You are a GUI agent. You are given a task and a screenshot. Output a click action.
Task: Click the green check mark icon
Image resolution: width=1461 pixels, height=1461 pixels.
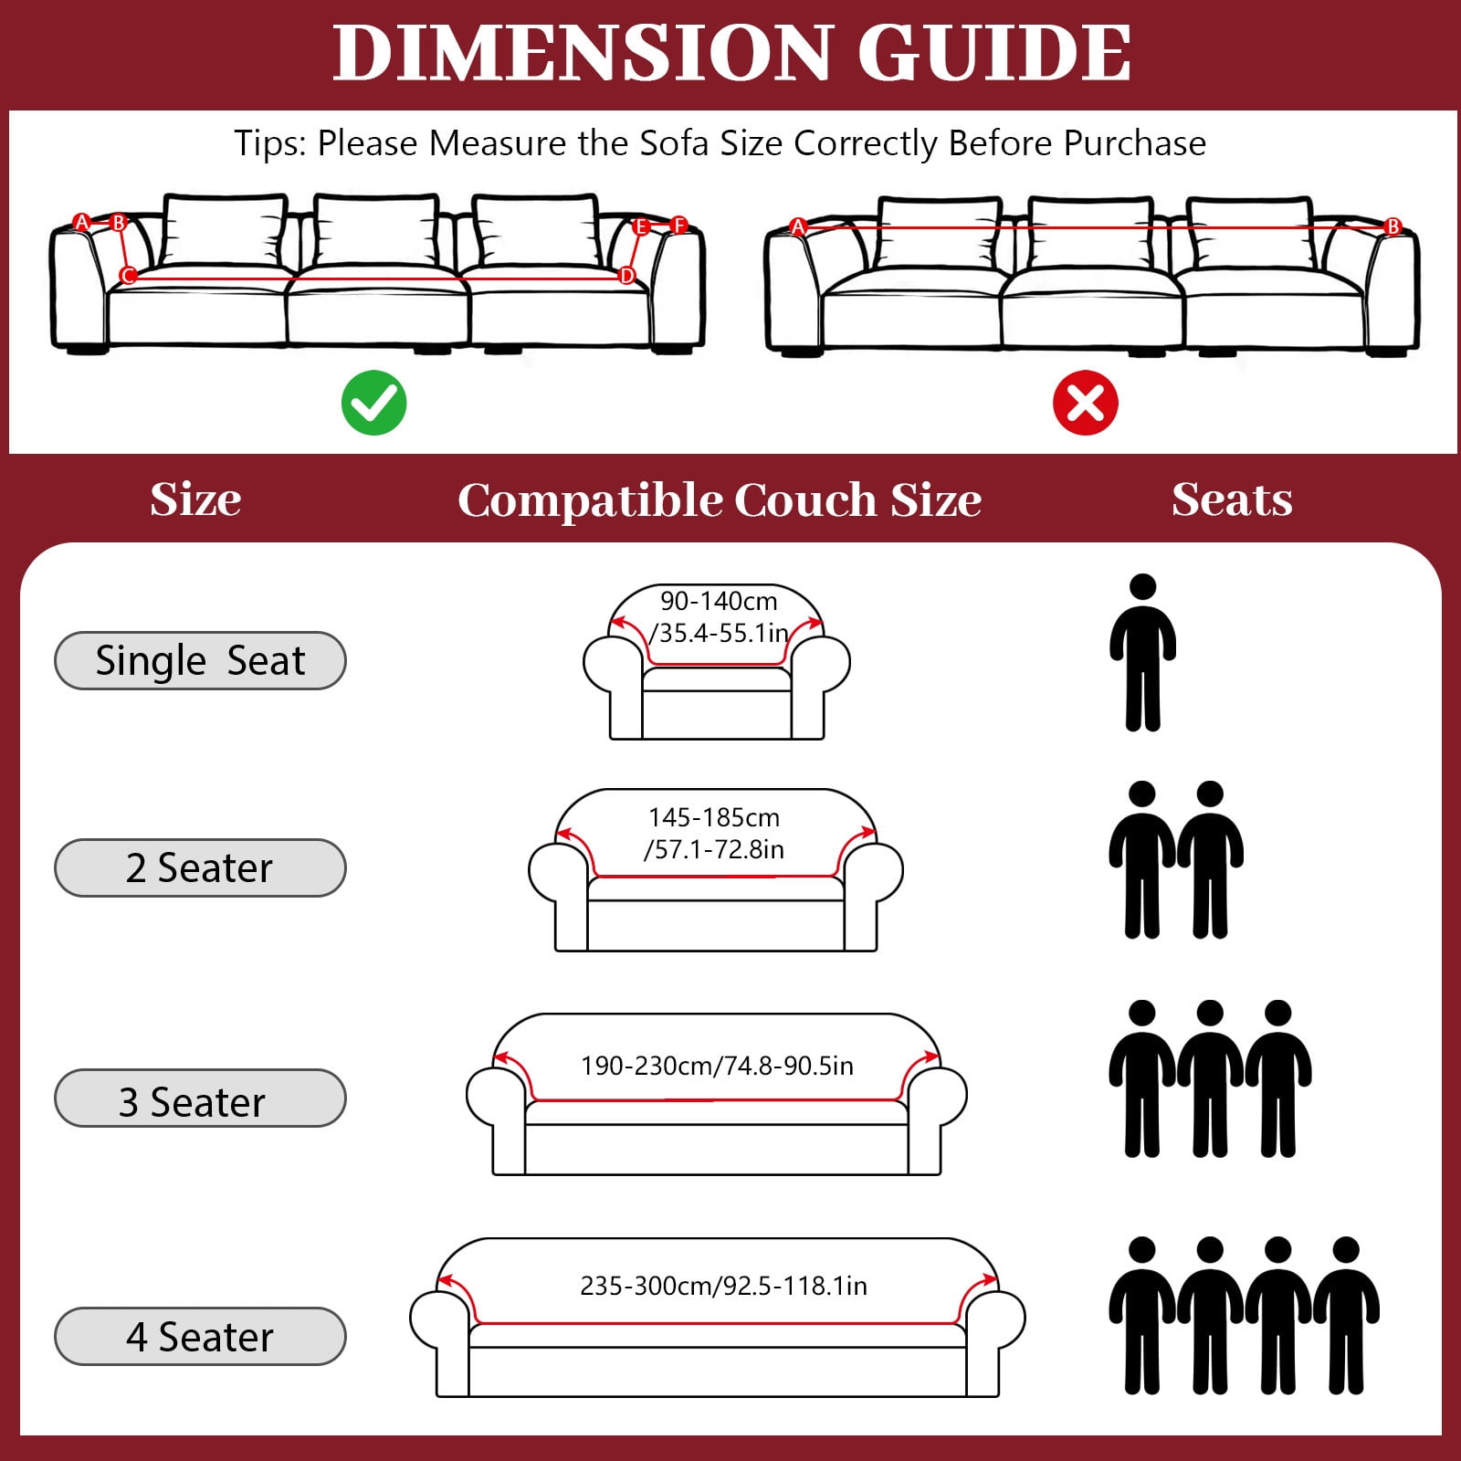(373, 403)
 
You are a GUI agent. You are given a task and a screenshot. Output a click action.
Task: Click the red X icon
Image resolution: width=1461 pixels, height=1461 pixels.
(1085, 403)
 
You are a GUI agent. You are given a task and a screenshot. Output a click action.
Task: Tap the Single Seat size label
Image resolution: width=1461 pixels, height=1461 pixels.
(200, 660)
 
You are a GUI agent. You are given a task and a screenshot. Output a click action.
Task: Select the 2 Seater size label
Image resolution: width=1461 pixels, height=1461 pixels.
(200, 867)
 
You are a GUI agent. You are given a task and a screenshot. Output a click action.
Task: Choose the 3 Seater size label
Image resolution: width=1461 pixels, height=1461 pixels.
(200, 1098)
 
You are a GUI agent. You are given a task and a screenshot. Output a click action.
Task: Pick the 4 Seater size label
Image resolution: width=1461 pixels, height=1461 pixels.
(200, 1337)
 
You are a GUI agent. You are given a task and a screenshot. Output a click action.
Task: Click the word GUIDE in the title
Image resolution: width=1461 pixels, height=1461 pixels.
(994, 53)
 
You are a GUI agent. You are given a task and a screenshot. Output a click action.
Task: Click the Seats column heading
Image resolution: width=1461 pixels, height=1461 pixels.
(1232, 499)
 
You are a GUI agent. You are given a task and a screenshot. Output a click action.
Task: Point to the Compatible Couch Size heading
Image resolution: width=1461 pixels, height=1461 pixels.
(720, 500)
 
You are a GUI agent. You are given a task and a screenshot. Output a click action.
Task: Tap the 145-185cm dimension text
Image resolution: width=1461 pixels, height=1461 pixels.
(714, 817)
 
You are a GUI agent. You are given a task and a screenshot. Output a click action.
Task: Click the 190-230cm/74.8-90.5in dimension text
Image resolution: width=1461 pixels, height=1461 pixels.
(717, 1066)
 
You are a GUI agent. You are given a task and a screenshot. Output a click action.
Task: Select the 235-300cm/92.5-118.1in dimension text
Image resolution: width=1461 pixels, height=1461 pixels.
(723, 1286)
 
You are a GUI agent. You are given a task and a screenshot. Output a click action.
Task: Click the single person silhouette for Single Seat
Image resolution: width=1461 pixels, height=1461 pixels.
(1142, 652)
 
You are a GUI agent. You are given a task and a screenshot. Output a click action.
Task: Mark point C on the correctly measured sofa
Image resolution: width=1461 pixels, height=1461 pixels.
(128, 275)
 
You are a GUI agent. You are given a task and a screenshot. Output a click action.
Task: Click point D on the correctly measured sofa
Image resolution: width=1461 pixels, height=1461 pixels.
(626, 275)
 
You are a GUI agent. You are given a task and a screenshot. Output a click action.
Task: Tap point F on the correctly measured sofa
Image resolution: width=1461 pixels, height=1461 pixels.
(678, 225)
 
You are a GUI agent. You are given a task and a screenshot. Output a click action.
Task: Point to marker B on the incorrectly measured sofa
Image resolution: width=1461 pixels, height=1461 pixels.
(1393, 226)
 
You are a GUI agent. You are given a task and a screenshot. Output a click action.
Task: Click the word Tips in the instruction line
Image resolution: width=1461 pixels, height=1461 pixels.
(269, 143)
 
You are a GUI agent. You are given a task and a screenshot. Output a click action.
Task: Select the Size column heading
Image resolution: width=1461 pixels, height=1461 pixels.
(195, 499)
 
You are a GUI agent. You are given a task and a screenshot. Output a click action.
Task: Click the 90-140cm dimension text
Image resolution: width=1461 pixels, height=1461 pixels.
(719, 601)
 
